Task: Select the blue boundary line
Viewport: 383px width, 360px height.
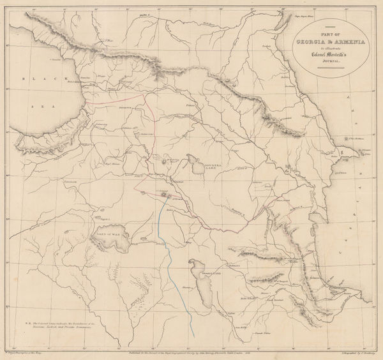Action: click(171, 255)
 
